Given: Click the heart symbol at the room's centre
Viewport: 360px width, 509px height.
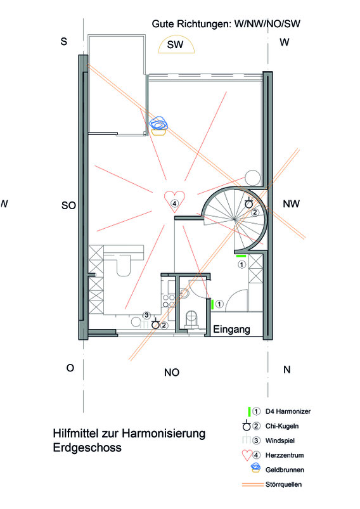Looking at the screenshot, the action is point(174,202).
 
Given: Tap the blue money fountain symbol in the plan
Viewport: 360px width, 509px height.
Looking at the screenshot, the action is point(158,126).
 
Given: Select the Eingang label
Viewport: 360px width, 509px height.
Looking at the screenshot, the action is point(231,330).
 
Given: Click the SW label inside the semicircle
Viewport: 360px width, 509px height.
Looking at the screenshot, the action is point(176,44).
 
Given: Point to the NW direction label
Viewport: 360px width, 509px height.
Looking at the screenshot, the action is point(291,204).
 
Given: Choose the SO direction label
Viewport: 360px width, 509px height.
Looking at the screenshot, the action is point(69,205).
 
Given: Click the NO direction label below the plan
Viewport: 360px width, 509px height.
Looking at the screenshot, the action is point(172,372).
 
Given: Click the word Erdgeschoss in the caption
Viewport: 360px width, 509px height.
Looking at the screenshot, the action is point(87,448).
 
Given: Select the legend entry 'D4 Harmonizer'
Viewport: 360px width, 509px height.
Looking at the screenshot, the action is point(288,411).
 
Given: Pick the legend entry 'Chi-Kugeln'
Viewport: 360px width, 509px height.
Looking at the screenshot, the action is point(282,426).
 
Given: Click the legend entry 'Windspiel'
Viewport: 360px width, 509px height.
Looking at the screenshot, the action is point(280,441).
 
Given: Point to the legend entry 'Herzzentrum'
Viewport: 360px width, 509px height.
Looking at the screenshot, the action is point(285,455).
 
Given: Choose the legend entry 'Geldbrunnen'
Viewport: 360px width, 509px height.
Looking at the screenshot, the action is point(285,470).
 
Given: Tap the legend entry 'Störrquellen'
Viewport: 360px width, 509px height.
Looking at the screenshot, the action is point(283,484).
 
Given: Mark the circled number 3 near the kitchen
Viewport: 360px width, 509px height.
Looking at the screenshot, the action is point(146,315).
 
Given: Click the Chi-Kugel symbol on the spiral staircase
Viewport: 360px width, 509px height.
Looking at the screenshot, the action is point(248,203).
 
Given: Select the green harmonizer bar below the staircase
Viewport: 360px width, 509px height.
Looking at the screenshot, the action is point(241,256).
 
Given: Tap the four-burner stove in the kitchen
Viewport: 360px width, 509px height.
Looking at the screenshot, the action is point(169,300).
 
